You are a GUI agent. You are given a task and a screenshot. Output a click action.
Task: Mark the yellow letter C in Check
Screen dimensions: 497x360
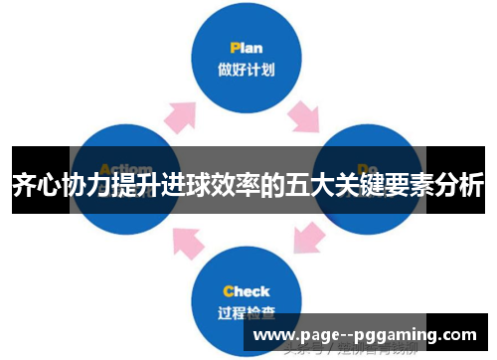[228, 291]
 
